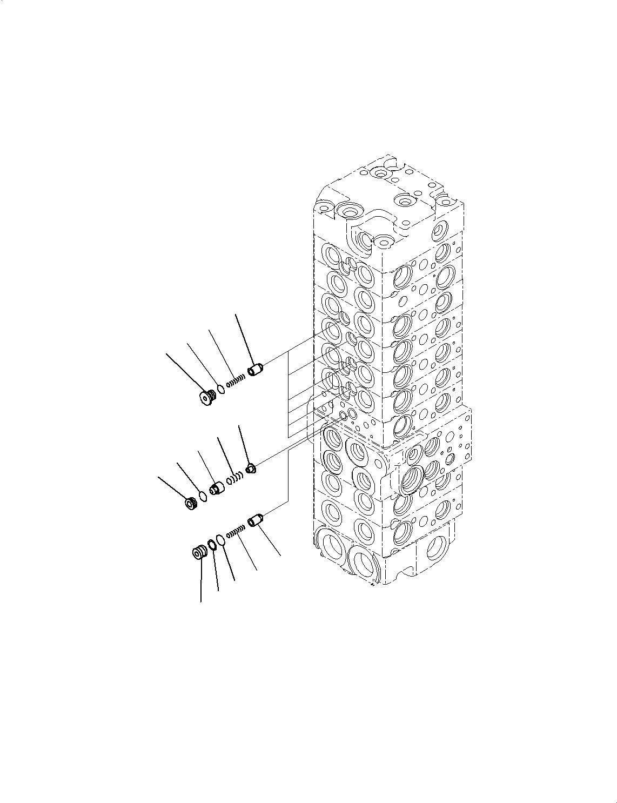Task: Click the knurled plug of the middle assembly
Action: tap(190, 504)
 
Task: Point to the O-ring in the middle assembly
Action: tap(203, 496)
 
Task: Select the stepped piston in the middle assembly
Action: tap(217, 488)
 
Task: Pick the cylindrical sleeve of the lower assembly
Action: tap(255, 521)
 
